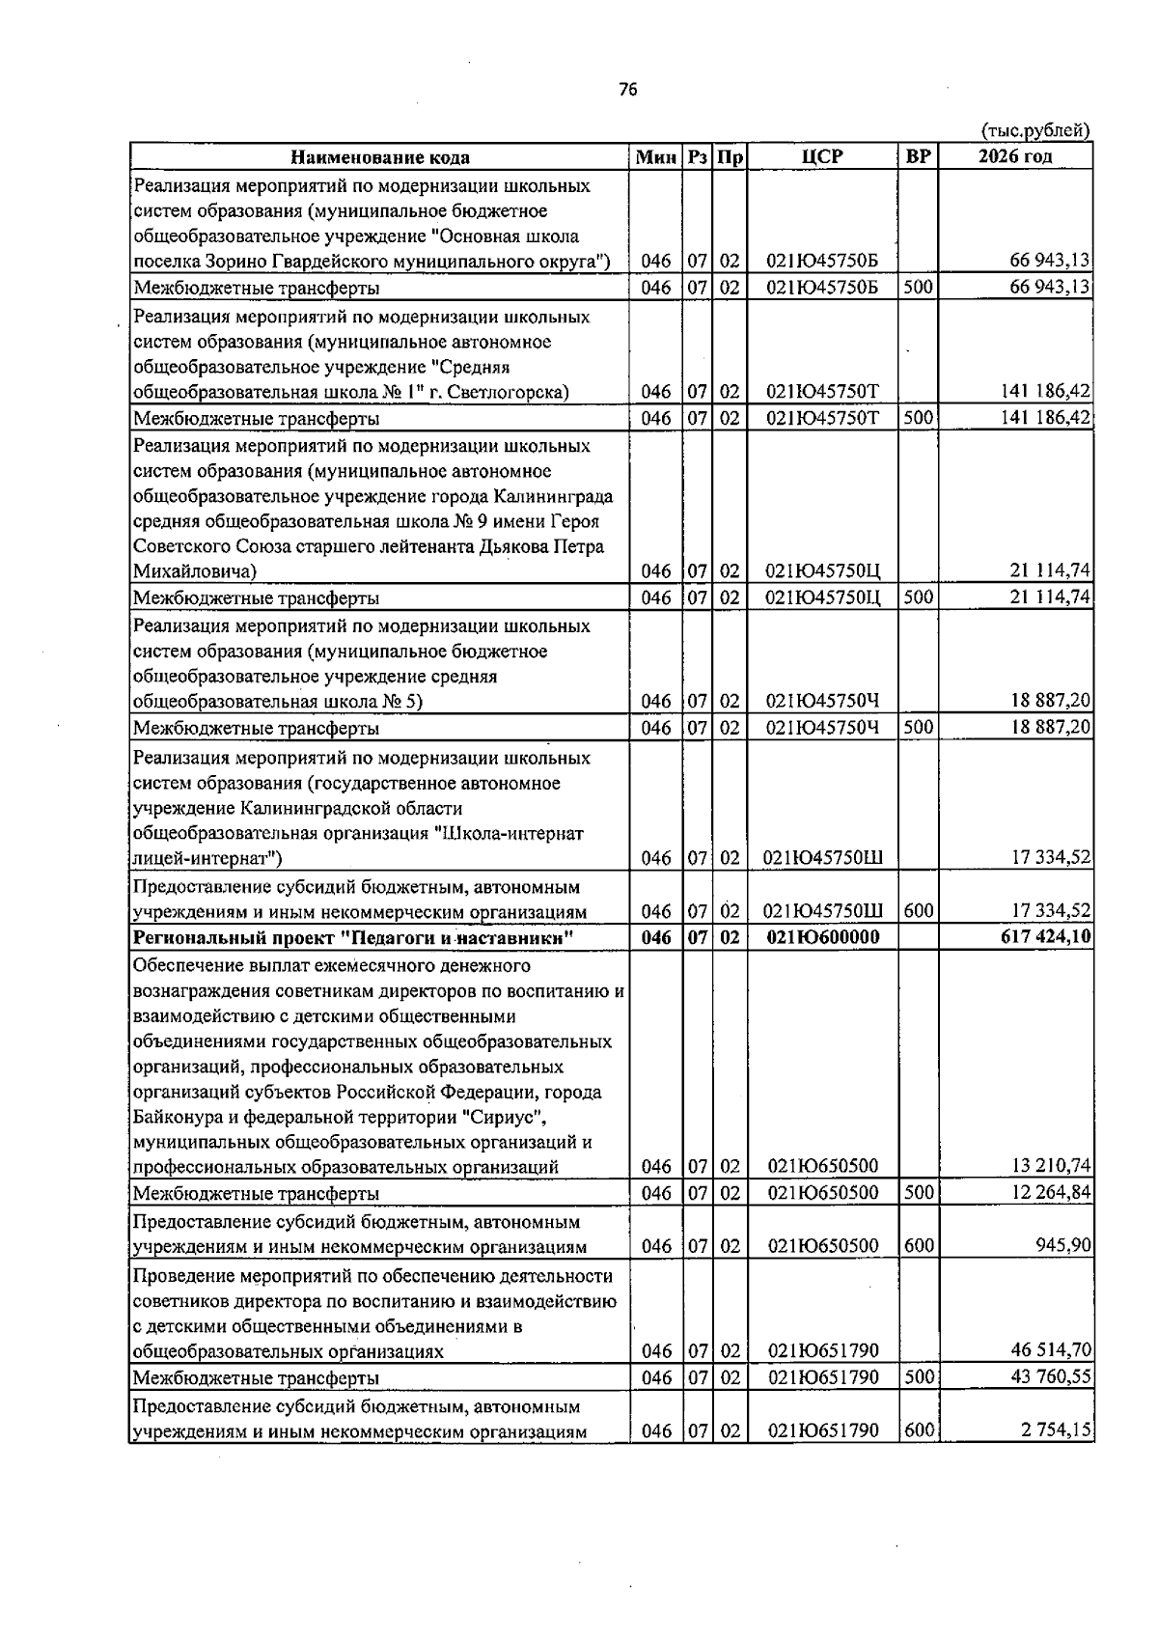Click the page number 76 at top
(627, 90)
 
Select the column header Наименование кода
(380, 157)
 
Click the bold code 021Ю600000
(822, 936)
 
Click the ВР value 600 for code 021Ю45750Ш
(918, 910)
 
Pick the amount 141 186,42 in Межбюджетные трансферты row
(1046, 418)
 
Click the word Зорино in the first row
(231, 262)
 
